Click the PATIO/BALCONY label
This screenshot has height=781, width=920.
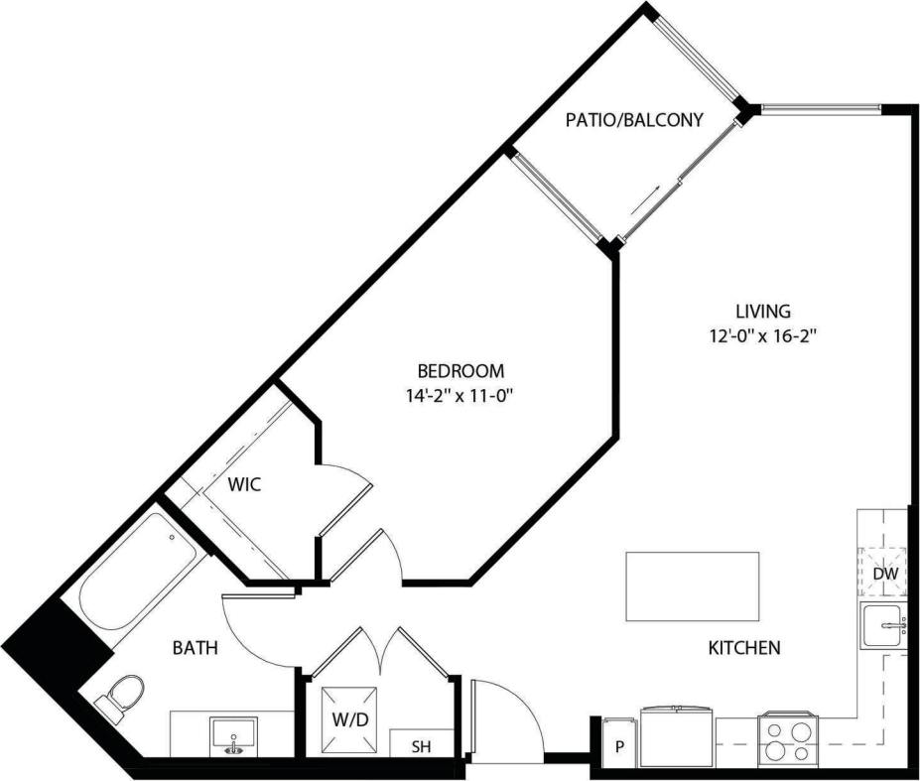pos(634,120)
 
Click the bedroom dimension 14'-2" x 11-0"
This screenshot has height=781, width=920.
pos(460,396)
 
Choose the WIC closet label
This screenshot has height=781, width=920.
pos(244,485)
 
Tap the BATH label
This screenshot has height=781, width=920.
pos(196,648)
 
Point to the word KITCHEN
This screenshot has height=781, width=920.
pos(743,648)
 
